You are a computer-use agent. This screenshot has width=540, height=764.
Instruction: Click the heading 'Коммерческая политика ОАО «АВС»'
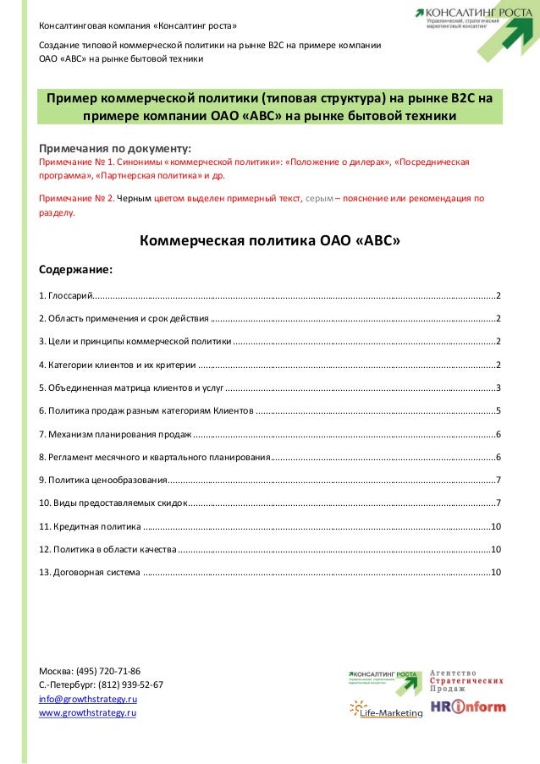click(x=269, y=241)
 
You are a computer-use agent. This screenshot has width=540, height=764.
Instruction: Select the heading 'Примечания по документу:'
click(x=116, y=143)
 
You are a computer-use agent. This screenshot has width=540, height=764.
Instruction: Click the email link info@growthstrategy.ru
click(x=88, y=700)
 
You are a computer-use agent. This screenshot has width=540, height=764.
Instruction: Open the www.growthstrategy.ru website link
click(x=88, y=714)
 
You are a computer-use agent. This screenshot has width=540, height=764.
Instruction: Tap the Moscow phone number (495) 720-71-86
click(x=107, y=670)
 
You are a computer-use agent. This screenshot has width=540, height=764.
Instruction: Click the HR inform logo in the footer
click(x=468, y=706)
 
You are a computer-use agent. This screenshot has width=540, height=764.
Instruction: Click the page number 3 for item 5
click(x=499, y=387)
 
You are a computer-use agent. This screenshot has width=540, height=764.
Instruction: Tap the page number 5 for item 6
click(x=499, y=410)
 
